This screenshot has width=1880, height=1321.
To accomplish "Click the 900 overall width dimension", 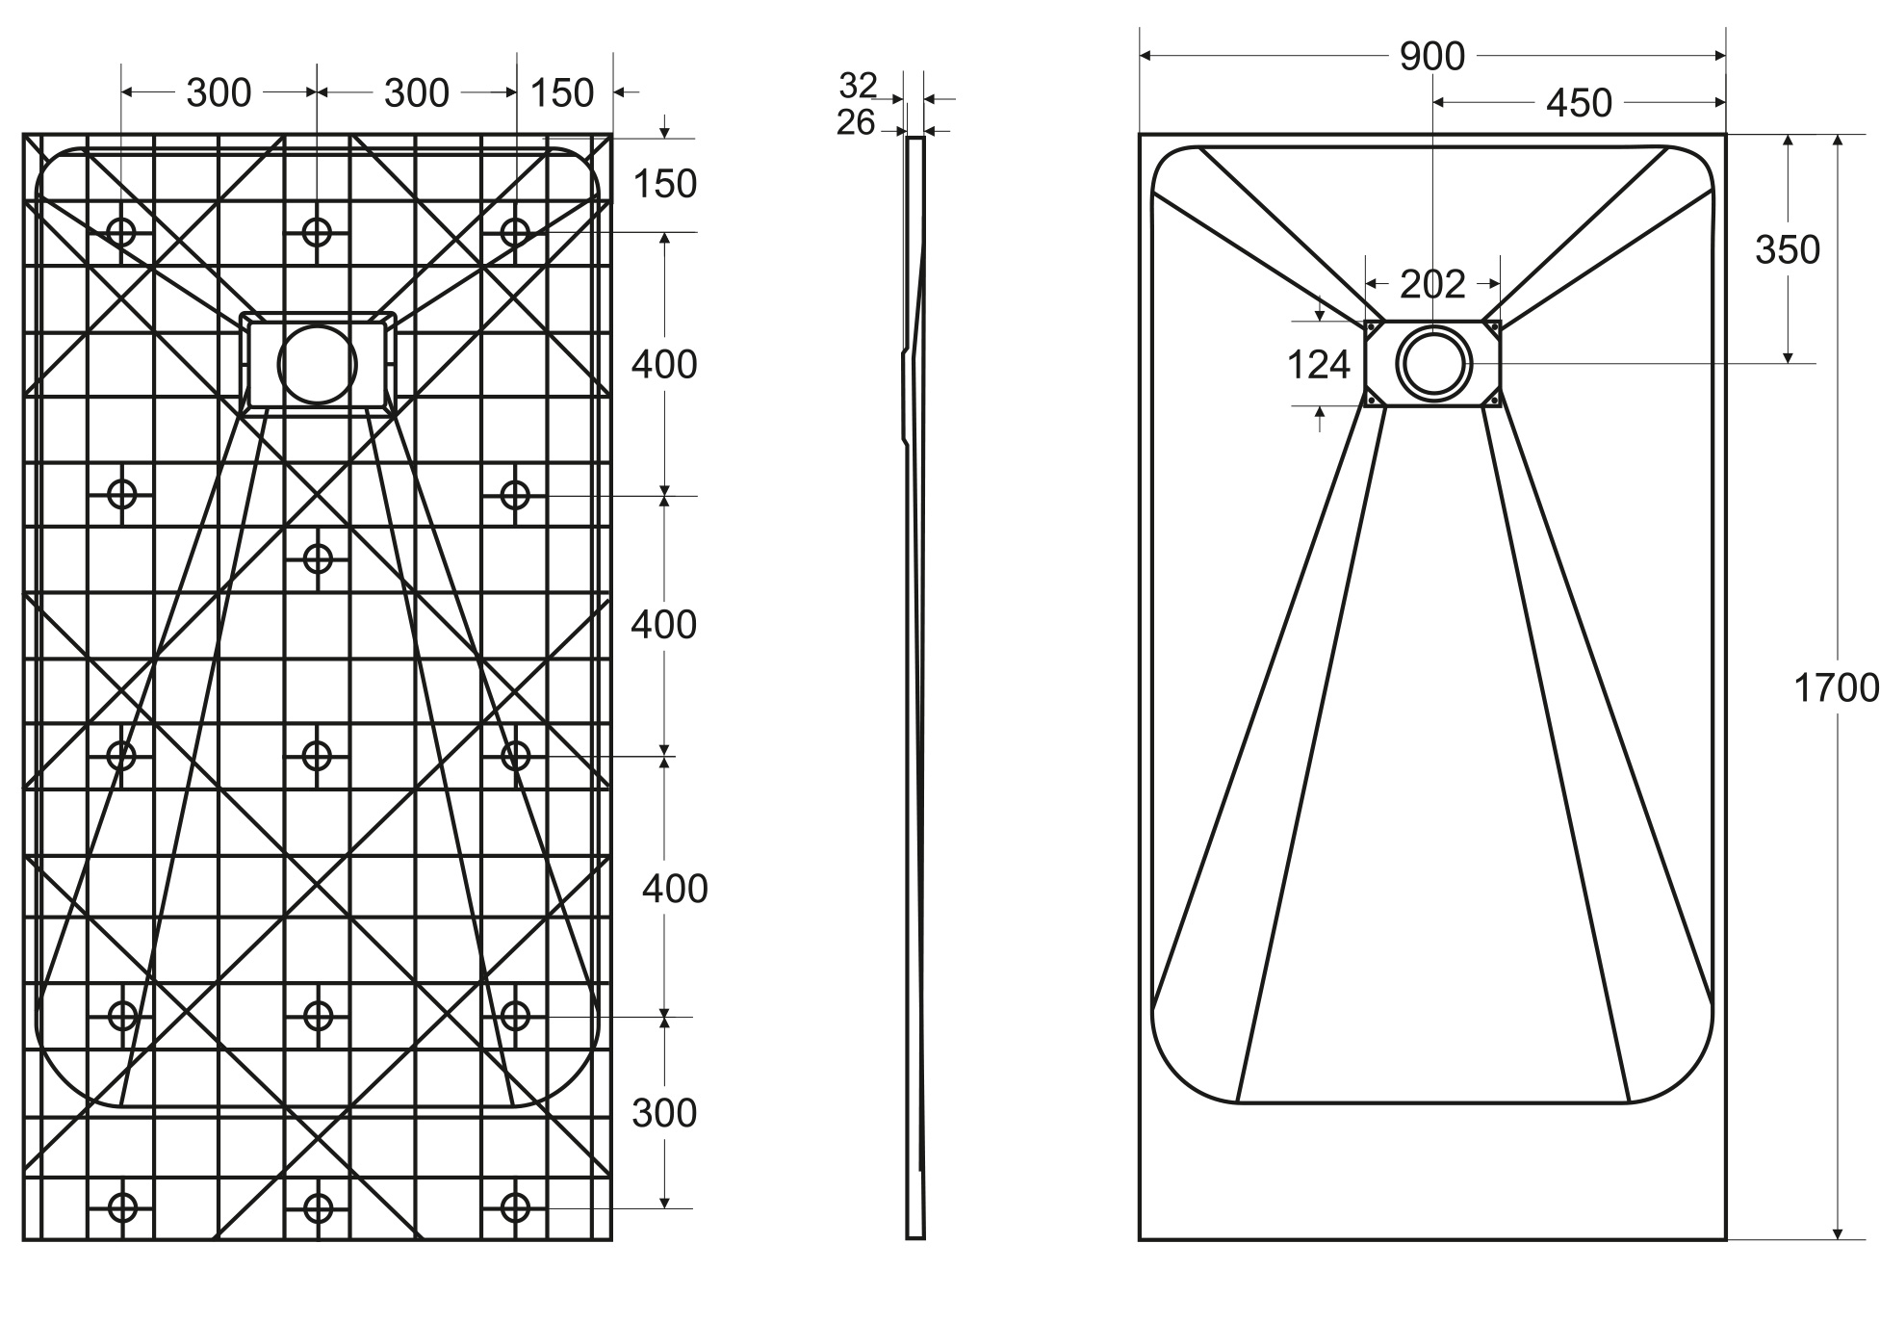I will pos(1431,57).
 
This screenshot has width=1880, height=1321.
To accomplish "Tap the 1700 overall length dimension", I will pos(1836,687).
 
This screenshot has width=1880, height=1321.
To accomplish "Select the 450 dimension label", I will pos(1579,103).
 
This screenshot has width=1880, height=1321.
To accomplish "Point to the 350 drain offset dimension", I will pos(1787,249).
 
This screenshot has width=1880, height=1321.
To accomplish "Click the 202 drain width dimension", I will pos(1431,284).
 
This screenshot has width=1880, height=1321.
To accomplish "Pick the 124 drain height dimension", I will pos(1318,365).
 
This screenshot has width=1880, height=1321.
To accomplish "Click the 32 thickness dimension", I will pos(857,86).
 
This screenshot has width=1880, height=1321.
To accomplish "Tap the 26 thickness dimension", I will pos(855,122).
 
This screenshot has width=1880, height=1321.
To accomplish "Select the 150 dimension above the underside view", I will pos(561,93).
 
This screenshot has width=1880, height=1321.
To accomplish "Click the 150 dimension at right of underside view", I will pos(664,184).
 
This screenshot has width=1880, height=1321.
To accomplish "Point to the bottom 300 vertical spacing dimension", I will pos(664,1113).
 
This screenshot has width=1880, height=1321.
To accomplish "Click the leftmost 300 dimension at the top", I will pos(219,93).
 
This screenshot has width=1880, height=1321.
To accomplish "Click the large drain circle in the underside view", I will pos(317,365).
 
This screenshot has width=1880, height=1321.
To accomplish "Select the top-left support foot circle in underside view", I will pos(121,231).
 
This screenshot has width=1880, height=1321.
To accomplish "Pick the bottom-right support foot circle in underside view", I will pos(515,1206).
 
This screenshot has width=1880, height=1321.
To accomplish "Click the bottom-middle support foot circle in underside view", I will pos(317,1206).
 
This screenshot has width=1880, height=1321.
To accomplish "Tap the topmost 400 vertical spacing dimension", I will pos(664,364).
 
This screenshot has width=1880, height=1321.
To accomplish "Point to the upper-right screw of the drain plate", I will pos(1494,327).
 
